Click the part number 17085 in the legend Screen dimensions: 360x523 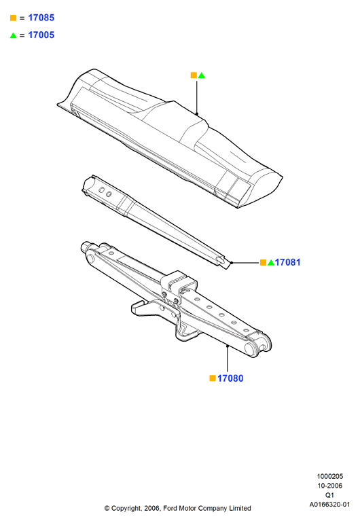41,18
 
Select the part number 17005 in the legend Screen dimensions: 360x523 41,35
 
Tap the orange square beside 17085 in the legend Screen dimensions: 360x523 14,18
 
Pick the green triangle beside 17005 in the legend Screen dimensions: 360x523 14,35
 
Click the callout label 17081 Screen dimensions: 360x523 287,262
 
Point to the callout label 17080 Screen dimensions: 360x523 230,378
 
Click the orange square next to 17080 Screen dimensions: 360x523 213,378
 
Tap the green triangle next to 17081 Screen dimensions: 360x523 271,263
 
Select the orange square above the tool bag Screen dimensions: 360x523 194,75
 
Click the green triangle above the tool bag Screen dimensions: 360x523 202,75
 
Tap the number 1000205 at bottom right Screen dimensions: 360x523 329,476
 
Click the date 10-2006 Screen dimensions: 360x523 329,486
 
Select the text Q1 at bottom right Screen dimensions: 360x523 329,495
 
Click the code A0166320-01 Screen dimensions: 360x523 329,504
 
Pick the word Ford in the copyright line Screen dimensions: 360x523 170,508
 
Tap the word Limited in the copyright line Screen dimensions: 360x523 240,508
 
